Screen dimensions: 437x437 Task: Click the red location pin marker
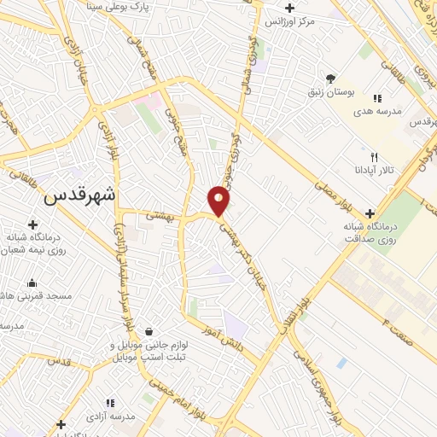[219, 200]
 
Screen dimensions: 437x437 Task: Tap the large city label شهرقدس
[83, 195]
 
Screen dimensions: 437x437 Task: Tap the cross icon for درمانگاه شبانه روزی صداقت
[370, 213]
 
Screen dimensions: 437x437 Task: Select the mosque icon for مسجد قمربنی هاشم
[32, 283]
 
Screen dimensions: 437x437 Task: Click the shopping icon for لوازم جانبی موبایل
[150, 331]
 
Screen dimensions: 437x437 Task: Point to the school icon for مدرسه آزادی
[110, 402]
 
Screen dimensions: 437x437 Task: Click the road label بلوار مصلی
[325, 191]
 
